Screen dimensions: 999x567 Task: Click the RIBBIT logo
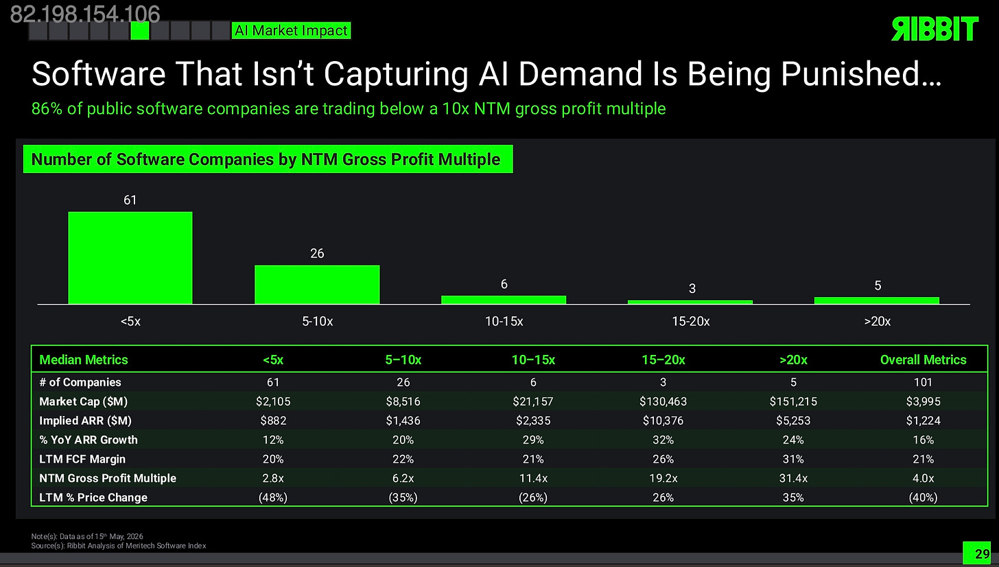[x=935, y=29]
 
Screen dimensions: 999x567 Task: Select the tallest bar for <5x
[x=130, y=258]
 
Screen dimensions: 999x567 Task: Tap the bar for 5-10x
[x=317, y=285]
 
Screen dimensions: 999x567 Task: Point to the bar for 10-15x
[x=504, y=300]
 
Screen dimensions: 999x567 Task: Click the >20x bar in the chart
[x=877, y=301]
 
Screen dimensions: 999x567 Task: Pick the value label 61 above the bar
[x=130, y=200]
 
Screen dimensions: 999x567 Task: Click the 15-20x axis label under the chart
[x=690, y=321]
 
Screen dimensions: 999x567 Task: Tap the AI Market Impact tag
[x=291, y=31]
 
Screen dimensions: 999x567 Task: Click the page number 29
[x=982, y=554]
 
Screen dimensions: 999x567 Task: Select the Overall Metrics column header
[x=923, y=360]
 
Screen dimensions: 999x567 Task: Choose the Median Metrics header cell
[x=84, y=360]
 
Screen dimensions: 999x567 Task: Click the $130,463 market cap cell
[x=663, y=402]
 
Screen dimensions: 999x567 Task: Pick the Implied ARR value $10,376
[x=663, y=421]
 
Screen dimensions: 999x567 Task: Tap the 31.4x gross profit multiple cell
[x=793, y=478]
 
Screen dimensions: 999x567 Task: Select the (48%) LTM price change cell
[x=273, y=498]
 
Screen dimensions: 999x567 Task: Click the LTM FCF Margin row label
[x=82, y=459]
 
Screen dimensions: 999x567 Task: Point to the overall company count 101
[x=923, y=382]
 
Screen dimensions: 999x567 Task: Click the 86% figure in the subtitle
[x=47, y=108]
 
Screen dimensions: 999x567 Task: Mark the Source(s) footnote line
[x=119, y=546]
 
